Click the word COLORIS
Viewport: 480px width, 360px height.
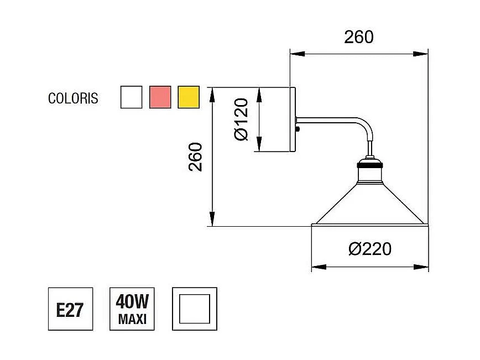(73, 98)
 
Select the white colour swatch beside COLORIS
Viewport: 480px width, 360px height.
(131, 97)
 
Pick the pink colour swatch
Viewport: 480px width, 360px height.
(160, 97)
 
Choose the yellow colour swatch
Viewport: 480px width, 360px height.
(189, 97)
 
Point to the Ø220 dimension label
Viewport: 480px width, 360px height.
(370, 249)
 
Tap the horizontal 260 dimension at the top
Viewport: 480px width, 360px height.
(359, 37)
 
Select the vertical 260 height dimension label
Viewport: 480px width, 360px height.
(196, 156)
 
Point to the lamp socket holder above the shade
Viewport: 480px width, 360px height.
(369, 173)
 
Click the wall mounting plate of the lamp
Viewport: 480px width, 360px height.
(293, 119)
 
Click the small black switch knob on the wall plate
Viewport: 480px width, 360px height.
(299, 130)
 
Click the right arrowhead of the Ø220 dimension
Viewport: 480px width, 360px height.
(424, 267)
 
